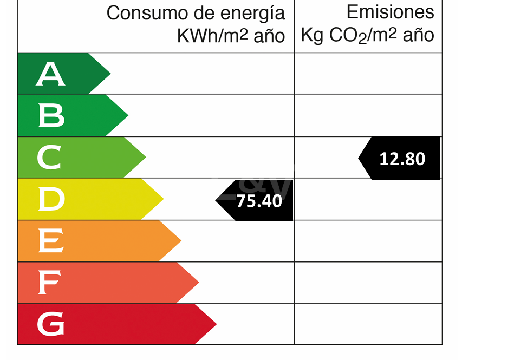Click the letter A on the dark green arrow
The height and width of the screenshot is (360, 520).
coord(50,74)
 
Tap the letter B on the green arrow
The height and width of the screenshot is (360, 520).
coord(51,115)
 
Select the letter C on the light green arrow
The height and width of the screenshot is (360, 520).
coord(49,158)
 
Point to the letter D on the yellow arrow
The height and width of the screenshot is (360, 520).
coord(51,199)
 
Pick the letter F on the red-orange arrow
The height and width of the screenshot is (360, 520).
coord(48,283)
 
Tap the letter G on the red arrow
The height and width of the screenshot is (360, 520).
coord(50,324)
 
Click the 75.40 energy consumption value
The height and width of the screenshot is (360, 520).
coord(259,201)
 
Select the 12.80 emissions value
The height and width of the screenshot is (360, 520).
coord(402,159)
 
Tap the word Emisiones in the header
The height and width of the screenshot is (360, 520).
coord(390,12)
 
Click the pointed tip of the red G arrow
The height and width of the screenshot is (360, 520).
coord(216,324)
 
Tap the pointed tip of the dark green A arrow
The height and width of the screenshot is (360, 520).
coord(110,74)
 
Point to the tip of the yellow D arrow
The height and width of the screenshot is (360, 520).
coord(163,199)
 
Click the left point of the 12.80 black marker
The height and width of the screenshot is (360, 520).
coord(359,158)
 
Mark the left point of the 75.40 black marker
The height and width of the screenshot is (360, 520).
coord(216,200)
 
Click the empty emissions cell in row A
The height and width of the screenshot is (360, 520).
coord(368,74)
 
